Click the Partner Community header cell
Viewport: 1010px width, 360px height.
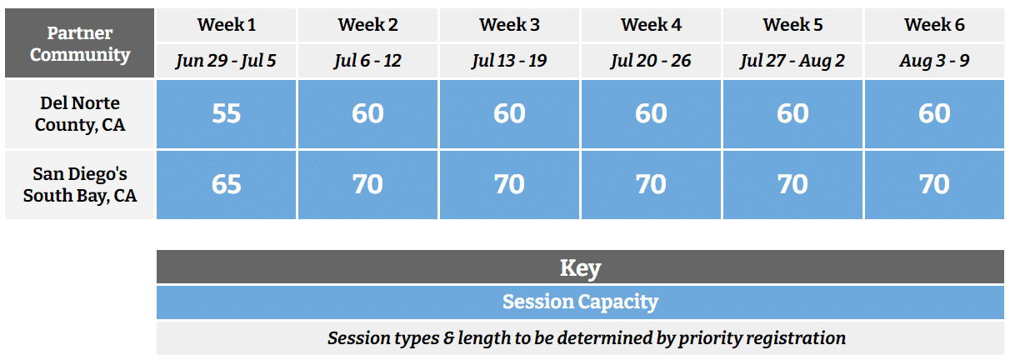(80, 44)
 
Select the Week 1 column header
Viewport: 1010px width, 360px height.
(227, 25)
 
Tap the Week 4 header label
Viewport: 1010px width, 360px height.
(651, 25)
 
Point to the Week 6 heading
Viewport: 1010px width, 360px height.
(934, 25)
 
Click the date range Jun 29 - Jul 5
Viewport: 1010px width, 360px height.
(227, 61)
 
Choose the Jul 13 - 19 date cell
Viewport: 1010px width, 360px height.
(509, 61)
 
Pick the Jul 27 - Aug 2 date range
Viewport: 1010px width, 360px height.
(792, 61)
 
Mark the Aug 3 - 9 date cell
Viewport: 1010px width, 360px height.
(934, 61)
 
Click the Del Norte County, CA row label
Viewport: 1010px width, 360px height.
(80, 114)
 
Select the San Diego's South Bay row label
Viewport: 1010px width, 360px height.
(80, 185)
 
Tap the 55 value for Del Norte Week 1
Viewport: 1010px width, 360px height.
(227, 114)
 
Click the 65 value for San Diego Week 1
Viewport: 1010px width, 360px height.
(227, 184)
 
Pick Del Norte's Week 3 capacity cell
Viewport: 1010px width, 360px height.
(509, 114)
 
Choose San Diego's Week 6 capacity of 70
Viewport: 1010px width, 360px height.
(934, 184)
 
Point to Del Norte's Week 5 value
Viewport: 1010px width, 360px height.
(792, 114)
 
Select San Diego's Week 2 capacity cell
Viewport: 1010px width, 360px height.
(367, 184)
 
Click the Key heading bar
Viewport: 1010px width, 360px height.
(580, 267)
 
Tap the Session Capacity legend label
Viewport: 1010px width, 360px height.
(580, 302)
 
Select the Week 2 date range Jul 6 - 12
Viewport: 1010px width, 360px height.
(367, 61)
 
